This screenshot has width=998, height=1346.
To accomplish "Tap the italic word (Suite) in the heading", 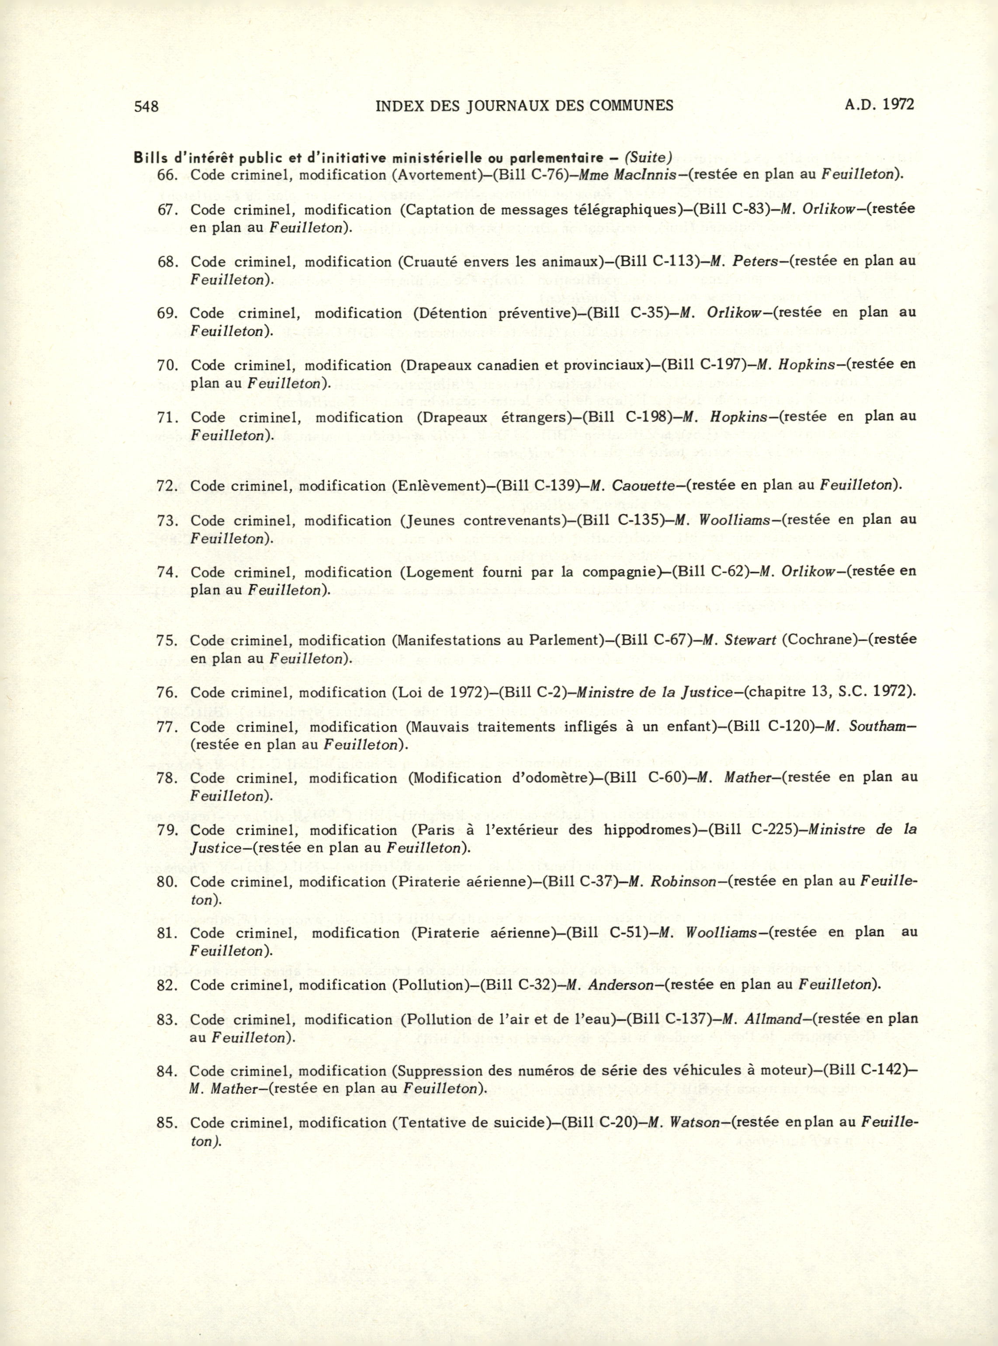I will (648, 158).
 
